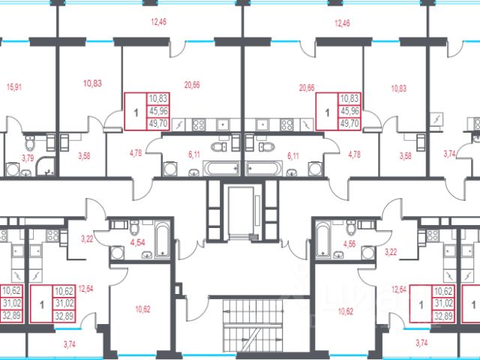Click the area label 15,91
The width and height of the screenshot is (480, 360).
[x=14, y=87]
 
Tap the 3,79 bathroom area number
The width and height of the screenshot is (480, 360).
[x=28, y=158]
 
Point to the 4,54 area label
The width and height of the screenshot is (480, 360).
[x=137, y=243]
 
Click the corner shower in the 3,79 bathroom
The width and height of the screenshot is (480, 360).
[x=45, y=167]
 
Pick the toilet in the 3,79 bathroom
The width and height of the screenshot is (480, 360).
[x=30, y=143]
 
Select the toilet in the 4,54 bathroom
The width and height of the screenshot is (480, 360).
[x=135, y=227]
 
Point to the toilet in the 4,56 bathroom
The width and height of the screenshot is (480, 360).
[x=351, y=227]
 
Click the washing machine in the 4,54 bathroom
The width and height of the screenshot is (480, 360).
[x=117, y=253]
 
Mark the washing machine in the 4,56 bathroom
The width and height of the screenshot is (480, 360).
[x=368, y=253]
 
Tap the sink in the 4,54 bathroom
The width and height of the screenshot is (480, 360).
[x=147, y=255]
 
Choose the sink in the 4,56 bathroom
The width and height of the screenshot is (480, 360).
[x=338, y=255]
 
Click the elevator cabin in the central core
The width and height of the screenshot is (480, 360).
[x=241, y=211]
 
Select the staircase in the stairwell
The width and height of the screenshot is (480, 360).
[x=253, y=325]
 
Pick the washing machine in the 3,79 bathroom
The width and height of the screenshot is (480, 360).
[x=13, y=169]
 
